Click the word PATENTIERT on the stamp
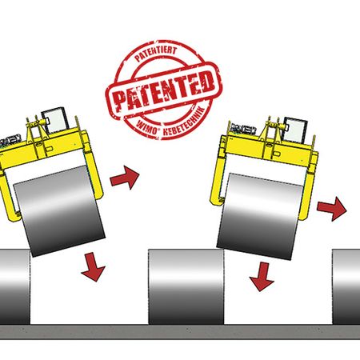click(x=156, y=54)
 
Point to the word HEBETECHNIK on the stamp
click(x=184, y=122)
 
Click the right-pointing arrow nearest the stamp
click(x=125, y=178)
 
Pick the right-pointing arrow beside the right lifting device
click(x=332, y=209)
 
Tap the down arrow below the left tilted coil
click(x=94, y=267)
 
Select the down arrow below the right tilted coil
click(x=262, y=277)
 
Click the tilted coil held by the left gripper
click(x=59, y=210)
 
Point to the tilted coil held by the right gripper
click(x=260, y=217)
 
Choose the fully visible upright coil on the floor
click(x=186, y=286)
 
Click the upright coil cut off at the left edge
click(x=15, y=286)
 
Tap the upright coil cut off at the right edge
click(x=346, y=286)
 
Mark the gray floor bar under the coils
click(x=180, y=332)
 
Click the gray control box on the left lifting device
click(x=55, y=121)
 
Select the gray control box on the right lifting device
click(x=295, y=130)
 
